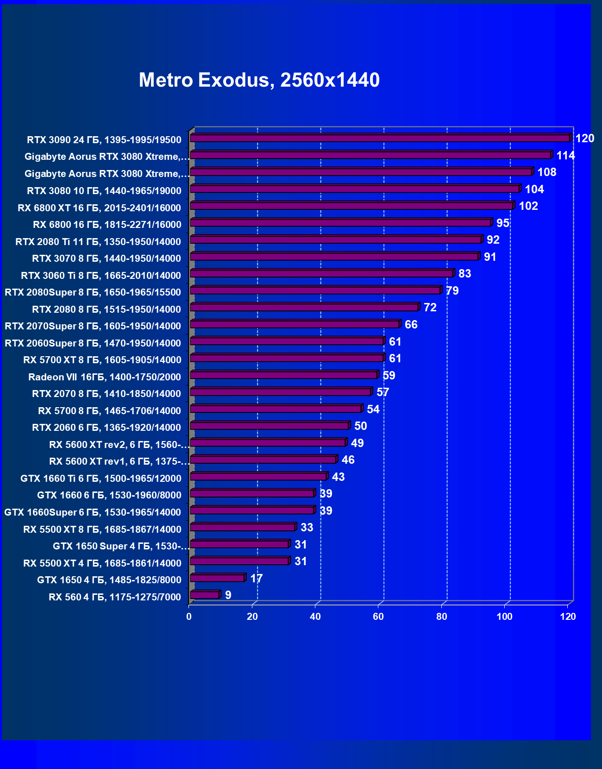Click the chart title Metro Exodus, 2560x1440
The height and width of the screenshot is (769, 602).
(259, 80)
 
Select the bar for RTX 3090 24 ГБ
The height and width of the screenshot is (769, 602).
(380, 138)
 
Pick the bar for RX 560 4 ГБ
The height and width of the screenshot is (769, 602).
(204, 595)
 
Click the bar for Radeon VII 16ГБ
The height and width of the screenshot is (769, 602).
(284, 375)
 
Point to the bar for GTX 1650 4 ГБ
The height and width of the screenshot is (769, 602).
(217, 578)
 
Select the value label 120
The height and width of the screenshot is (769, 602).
(584, 139)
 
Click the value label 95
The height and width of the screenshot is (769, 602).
(503, 223)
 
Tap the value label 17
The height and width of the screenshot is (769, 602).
(256, 579)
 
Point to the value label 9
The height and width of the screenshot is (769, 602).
(228, 595)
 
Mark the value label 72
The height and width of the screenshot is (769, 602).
(430, 308)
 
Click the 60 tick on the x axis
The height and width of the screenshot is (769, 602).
(378, 617)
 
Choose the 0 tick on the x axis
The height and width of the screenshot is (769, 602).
(189, 617)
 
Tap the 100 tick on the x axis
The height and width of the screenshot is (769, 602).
(505, 617)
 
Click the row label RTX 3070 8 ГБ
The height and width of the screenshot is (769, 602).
(107, 258)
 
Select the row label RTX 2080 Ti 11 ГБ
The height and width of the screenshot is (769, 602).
(98, 242)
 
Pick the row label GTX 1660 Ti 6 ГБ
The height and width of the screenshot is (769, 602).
(101, 479)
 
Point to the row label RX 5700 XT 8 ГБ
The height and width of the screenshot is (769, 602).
(102, 360)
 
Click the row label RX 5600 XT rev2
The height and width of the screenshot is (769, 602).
(119, 445)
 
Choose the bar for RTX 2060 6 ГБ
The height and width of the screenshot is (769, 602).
(270, 426)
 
